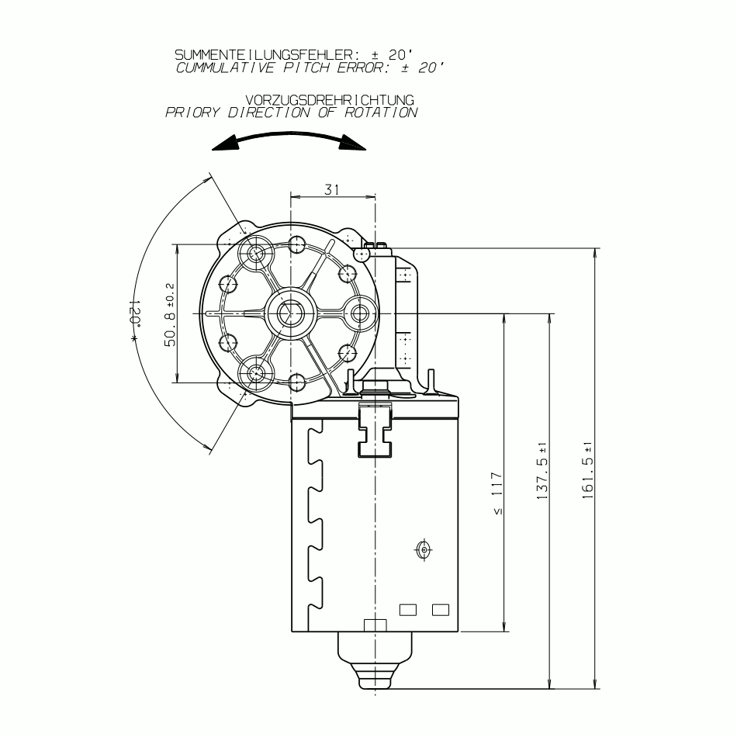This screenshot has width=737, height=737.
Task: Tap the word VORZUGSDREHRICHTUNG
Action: click(330, 100)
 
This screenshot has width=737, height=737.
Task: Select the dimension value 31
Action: click(332, 190)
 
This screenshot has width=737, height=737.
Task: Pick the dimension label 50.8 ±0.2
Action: click(171, 313)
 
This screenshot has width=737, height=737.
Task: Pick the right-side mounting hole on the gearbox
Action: click(361, 313)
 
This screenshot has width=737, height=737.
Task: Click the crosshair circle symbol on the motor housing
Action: click(424, 549)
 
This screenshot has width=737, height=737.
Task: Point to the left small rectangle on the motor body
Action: click(408, 610)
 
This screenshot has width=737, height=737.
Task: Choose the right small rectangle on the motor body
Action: click(441, 610)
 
